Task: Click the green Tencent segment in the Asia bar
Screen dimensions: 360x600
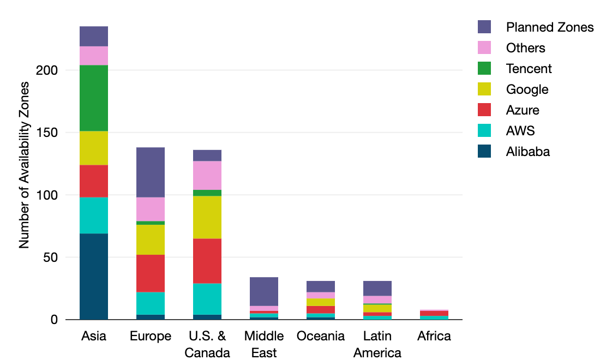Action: (x=94, y=98)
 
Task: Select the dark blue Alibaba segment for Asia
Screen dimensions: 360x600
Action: (x=94, y=277)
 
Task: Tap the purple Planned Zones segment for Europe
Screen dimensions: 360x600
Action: (x=151, y=172)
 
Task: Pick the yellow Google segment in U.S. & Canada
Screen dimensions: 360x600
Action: (x=207, y=217)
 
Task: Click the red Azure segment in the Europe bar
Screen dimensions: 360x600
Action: (x=151, y=273)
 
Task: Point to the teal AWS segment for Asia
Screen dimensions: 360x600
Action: (x=94, y=215)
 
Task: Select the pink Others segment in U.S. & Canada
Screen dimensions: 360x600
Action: (x=207, y=175)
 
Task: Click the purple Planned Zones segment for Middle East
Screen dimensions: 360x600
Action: (x=264, y=291)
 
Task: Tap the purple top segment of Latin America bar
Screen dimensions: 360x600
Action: (x=377, y=288)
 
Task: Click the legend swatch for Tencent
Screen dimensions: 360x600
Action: (x=484, y=69)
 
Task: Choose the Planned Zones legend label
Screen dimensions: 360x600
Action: (x=549, y=27)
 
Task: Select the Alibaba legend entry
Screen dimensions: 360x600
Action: (x=527, y=152)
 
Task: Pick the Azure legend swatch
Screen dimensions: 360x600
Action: (x=484, y=110)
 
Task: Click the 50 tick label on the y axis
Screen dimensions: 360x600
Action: (x=50, y=257)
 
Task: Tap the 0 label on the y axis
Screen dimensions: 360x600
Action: (x=54, y=320)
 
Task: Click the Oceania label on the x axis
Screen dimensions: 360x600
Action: (x=321, y=336)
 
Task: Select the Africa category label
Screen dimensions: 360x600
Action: (x=434, y=336)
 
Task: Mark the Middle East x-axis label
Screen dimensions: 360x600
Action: (x=264, y=344)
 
